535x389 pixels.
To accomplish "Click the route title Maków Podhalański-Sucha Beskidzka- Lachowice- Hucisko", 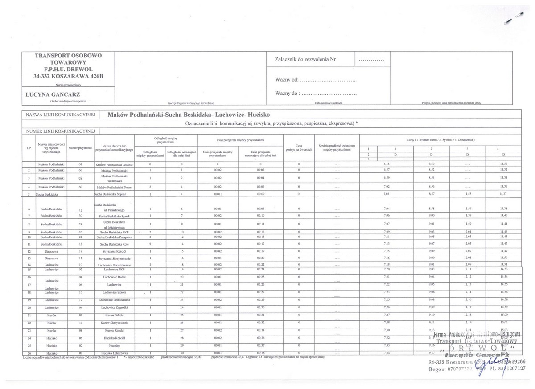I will point(189,115).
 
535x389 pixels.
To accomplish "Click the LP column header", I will point(29,148).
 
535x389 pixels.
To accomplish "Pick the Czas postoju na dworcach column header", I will point(299,148).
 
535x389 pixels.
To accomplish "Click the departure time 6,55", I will point(387,164).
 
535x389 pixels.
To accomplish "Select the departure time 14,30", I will point(504,164).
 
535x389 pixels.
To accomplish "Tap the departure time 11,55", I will point(467,194).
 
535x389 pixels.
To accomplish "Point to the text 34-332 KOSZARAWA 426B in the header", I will point(68,76).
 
